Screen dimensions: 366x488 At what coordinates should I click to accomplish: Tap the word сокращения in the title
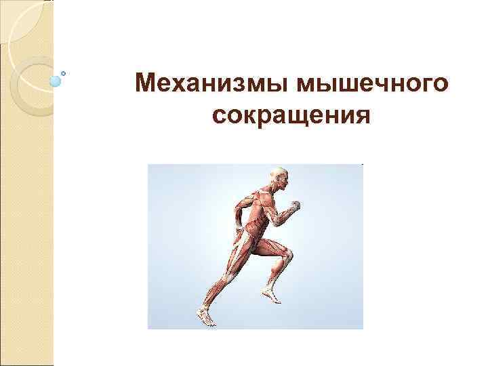pyautogui.click(x=291, y=115)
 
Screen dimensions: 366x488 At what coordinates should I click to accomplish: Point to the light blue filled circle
pyautogui.click(x=56, y=81)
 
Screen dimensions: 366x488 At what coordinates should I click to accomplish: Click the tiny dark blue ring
pyautogui.click(x=64, y=72)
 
